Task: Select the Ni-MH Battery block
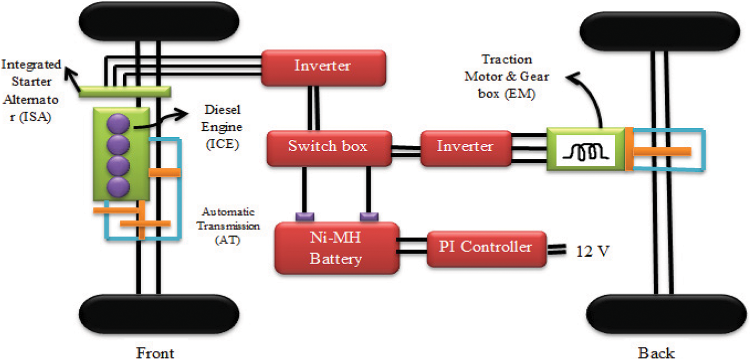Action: [337, 248]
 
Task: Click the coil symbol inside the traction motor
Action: [584, 150]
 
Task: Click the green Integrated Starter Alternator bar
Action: [124, 92]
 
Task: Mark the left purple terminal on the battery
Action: [304, 216]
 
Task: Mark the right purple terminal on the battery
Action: [369, 216]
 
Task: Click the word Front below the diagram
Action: [155, 353]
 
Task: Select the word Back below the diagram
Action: [656, 353]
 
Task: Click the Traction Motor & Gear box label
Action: [506, 77]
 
